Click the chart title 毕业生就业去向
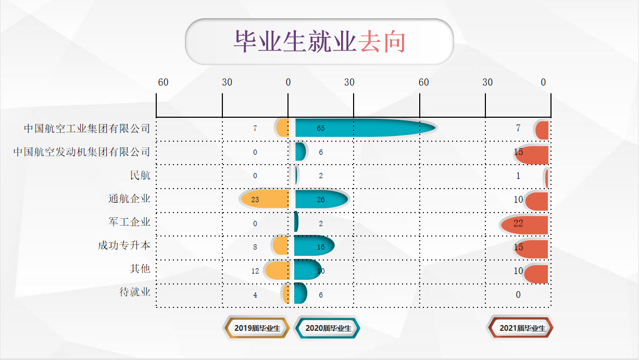[320, 42]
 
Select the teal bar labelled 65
[365, 128]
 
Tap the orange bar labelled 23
[265, 199]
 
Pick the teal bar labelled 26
[321, 199]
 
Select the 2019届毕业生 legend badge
[257, 328]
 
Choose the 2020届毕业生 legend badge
[328, 328]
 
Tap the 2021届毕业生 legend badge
[521, 328]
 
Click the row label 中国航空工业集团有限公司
[87, 129]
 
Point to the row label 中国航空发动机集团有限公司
[82, 152]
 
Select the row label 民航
[140, 175]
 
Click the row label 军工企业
[130, 222]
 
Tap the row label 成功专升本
[124, 245]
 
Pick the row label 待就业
[135, 292]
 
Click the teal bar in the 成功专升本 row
[314, 245]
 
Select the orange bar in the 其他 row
[277, 270]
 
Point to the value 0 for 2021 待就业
[518, 295]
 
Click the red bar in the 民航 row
[547, 178]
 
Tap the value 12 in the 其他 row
[255, 271]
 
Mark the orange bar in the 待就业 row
[286, 294]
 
